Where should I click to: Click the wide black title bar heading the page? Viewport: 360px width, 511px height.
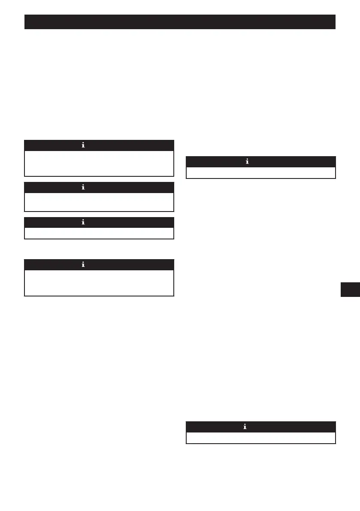pos(179,22)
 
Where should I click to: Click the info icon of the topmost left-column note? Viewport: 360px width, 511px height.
pos(84,145)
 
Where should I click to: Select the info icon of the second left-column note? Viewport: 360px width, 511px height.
pos(84,187)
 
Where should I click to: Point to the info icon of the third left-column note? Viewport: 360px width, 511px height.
pos(84,223)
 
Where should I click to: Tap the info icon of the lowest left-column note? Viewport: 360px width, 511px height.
pos(84,265)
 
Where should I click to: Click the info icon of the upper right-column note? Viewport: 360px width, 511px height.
pos(247,162)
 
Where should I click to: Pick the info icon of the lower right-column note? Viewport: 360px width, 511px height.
pos(247,427)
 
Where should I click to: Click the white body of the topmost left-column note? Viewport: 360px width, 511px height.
pos(99,163)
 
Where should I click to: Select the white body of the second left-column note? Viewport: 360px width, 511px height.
pos(99,202)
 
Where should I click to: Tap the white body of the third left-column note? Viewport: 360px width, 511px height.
pos(99,233)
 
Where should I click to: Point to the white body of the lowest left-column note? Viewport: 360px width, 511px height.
pos(99,283)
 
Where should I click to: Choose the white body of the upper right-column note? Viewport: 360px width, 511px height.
pos(260,172)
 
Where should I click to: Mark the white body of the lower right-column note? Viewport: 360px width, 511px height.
pos(260,438)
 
